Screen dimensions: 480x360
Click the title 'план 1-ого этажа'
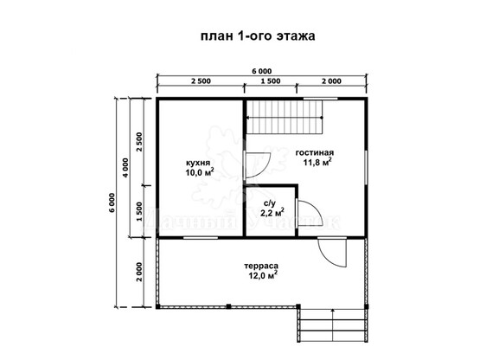[x=258, y=36]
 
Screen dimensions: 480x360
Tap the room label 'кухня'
[x=198, y=163]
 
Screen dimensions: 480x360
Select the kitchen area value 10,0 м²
[x=199, y=172]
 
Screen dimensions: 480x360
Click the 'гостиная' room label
[x=315, y=152]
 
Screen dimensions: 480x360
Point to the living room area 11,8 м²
[x=317, y=162]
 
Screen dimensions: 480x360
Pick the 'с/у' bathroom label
[x=270, y=202]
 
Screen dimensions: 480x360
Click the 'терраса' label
[x=261, y=266]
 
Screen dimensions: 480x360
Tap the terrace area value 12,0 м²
[x=263, y=275]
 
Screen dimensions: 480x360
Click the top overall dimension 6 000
[x=262, y=71]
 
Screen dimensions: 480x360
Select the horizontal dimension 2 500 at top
[x=202, y=81]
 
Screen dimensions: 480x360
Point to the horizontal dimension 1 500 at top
[x=271, y=81]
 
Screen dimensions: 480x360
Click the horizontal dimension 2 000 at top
[x=331, y=81]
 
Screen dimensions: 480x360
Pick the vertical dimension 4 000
[x=125, y=168]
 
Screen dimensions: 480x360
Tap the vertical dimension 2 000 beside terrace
[x=139, y=272]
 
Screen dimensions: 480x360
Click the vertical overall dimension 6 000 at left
[x=112, y=202]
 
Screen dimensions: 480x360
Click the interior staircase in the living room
[x=285, y=118]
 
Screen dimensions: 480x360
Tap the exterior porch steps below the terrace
[x=333, y=325]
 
